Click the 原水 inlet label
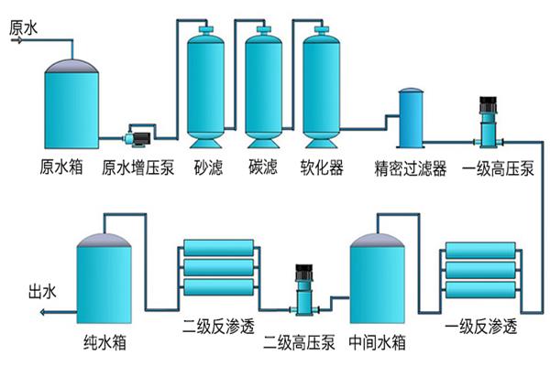pyautogui.click(x=24, y=27)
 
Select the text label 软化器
pyautogui.click(x=322, y=168)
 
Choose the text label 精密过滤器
pyautogui.click(x=410, y=168)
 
